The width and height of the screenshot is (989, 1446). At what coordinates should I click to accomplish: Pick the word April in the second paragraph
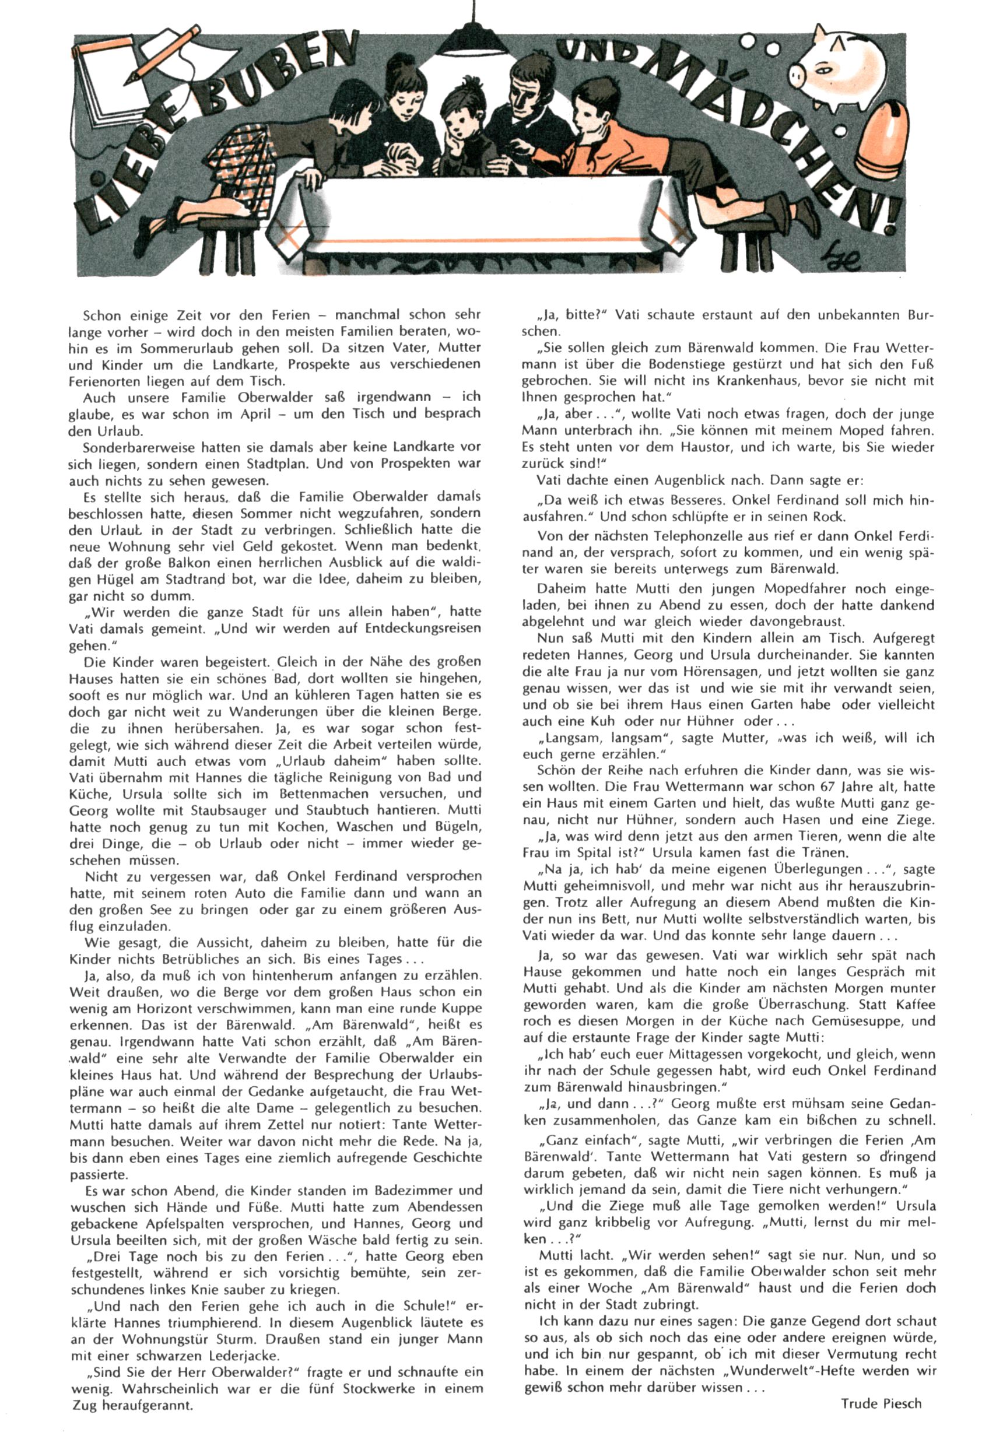pyautogui.click(x=255, y=414)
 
